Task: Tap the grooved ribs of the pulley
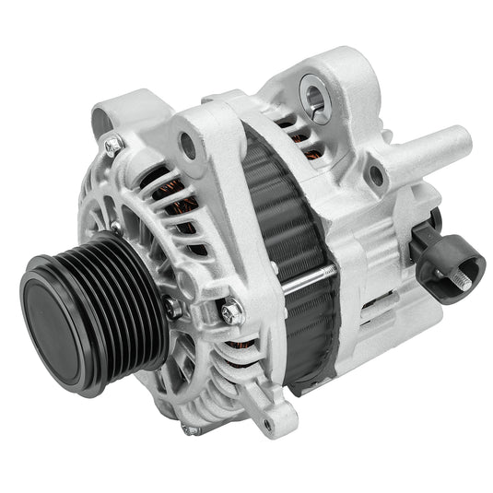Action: click(x=120, y=276)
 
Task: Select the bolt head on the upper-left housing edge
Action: click(x=113, y=145)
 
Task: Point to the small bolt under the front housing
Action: click(x=189, y=429)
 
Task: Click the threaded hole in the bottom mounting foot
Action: click(x=267, y=422)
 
